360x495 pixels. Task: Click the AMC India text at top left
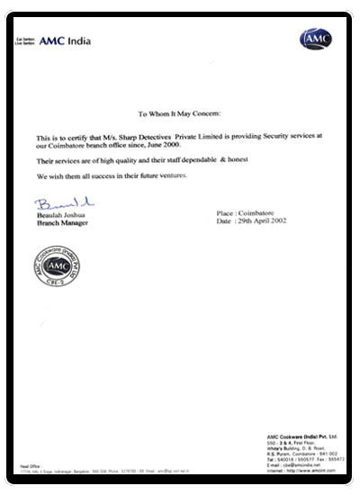pyautogui.click(x=67, y=41)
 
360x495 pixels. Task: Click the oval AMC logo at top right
pyautogui.click(x=315, y=40)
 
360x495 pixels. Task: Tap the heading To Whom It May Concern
pyautogui.click(x=184, y=114)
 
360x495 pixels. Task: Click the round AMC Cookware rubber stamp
pyautogui.click(x=54, y=261)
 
